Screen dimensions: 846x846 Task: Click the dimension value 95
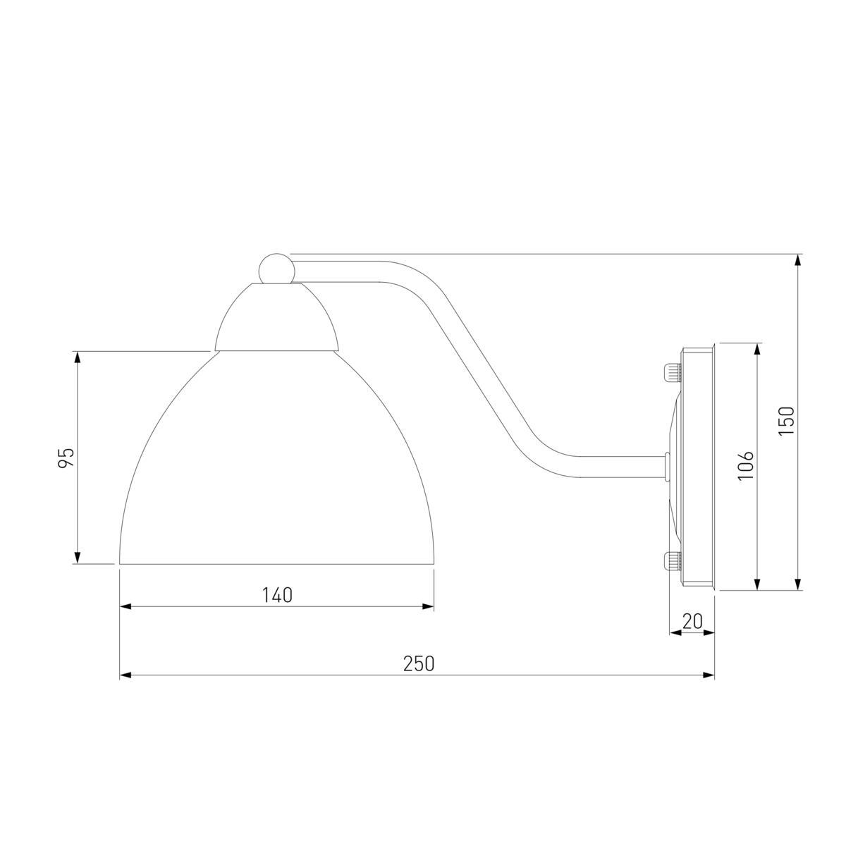click(66, 458)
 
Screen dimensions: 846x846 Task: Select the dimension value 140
click(277, 595)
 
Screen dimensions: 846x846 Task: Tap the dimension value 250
click(418, 664)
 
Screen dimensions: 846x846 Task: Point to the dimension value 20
click(692, 621)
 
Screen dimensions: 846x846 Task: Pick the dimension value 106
click(745, 466)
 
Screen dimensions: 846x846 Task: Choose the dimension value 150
click(786, 421)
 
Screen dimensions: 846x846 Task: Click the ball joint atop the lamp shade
click(276, 269)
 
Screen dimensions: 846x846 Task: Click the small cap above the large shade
click(276, 317)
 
